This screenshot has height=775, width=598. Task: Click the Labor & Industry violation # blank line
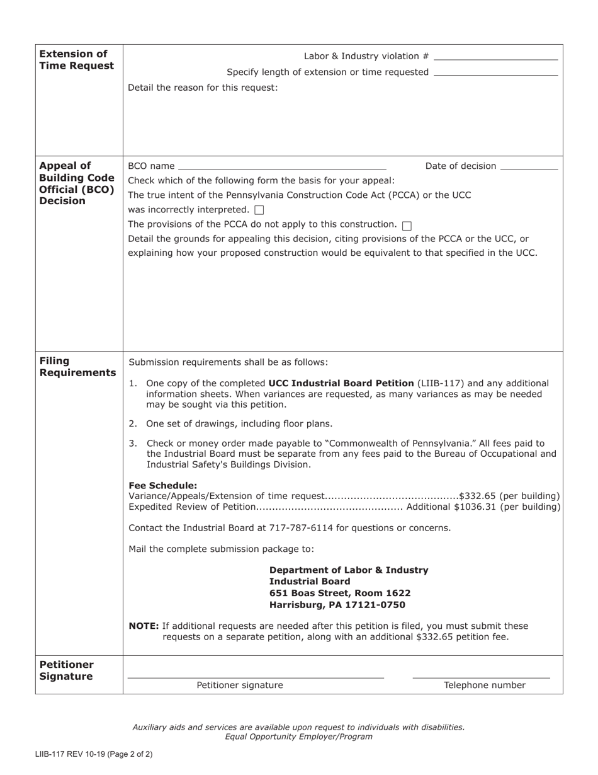coord(496,57)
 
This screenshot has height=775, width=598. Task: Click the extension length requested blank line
coord(496,73)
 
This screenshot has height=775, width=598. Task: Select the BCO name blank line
coord(282,168)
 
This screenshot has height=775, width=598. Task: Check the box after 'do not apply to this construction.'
coord(406,225)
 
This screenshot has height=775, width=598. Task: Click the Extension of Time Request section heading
coord(76,60)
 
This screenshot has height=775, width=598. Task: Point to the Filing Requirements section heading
coord(77,367)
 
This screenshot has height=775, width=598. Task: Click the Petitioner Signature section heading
coord(67,670)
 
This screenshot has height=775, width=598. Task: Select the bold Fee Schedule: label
coord(162,486)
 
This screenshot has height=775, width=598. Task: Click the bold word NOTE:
coord(144,626)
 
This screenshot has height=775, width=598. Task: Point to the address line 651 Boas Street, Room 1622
coord(340,594)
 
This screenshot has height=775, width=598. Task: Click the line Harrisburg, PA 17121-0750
coord(337,605)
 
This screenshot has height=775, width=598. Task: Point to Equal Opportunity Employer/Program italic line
coord(298,737)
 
